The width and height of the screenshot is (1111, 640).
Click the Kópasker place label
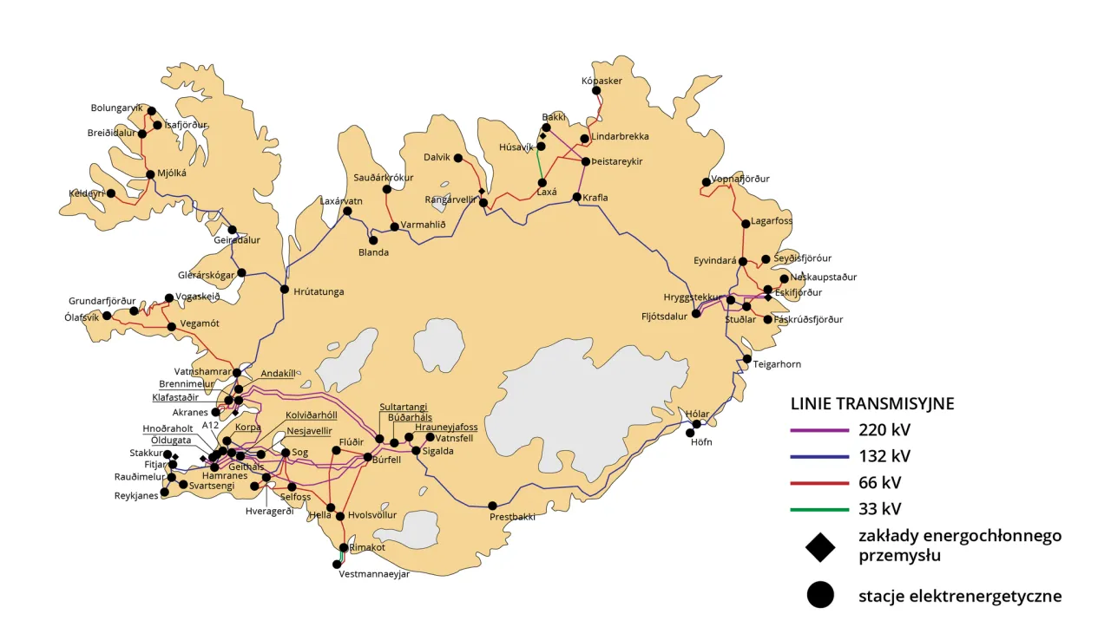coord(602,81)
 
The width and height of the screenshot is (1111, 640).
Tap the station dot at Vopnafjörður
coord(706,182)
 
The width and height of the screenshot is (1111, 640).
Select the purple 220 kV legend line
coord(818,429)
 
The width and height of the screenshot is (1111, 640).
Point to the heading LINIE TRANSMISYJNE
coord(872,403)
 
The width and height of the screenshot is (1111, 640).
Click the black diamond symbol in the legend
coord(819,546)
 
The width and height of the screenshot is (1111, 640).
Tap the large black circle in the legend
coord(819,595)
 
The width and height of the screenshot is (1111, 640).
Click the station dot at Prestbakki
coord(492,506)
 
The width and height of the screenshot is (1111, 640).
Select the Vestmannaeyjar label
coord(373,574)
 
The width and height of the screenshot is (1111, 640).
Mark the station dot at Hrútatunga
coord(284,289)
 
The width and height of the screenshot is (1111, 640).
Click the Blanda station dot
coord(373,240)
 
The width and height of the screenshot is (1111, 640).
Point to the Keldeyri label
coord(86,193)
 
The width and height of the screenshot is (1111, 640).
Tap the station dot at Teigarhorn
coord(746,359)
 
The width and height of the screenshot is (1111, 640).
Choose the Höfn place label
coord(700,442)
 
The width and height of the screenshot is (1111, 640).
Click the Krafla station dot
coord(576,197)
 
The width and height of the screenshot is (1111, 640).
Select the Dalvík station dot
coord(457,158)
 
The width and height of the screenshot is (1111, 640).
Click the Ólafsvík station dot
coord(107,316)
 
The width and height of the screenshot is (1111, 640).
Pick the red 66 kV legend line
coord(818,482)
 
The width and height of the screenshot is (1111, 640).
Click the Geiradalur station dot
coord(232,230)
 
